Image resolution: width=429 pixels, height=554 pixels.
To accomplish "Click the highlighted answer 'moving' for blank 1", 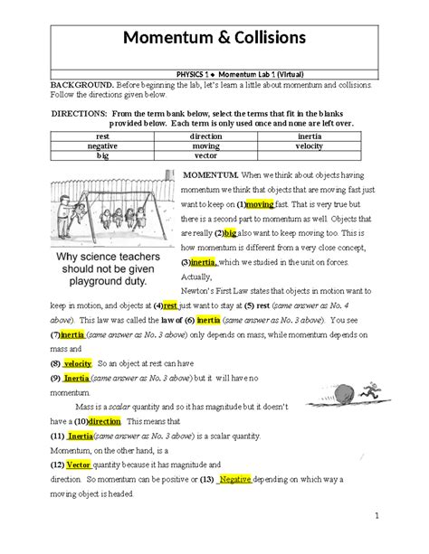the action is tap(260, 205).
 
